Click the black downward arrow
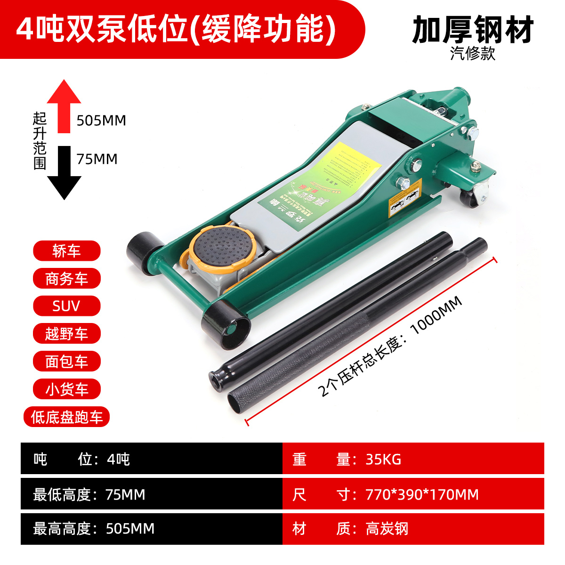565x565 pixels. tap(64, 174)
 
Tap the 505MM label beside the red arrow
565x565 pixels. tap(101, 121)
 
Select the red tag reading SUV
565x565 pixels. tap(66, 306)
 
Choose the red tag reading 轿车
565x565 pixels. tap(66, 251)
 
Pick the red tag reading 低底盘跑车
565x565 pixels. tap(66, 417)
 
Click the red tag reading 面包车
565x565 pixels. tap(66, 361)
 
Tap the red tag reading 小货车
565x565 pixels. tap(66, 389)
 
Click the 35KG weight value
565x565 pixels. tap(383, 459)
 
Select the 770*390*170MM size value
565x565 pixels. tap(422, 494)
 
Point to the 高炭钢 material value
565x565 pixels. tap(387, 529)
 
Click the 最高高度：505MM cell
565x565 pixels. tap(94, 529)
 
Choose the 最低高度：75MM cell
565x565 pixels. tap(89, 494)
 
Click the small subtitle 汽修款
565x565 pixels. tap(473, 53)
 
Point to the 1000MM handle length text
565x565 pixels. tap(436, 315)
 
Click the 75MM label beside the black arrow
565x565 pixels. tap(97, 159)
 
